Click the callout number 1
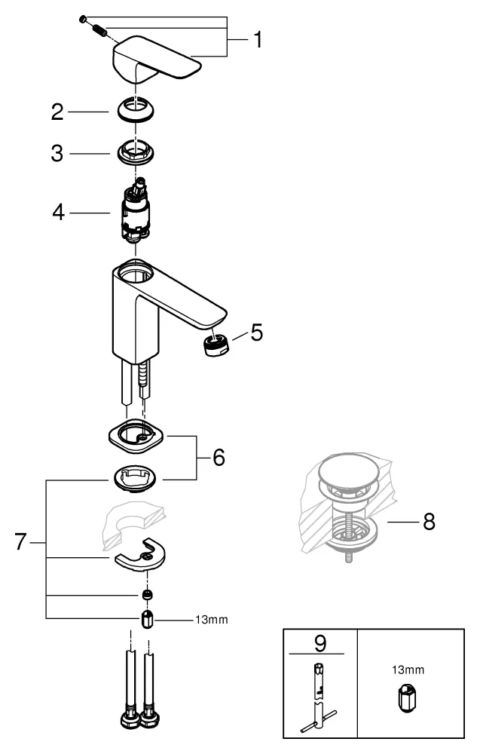click(257, 40)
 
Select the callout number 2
click(57, 113)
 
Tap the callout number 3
click(57, 153)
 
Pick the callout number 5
click(257, 333)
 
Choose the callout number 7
click(22, 541)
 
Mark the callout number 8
click(428, 522)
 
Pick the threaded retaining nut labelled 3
click(136, 153)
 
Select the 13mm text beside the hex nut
click(211, 620)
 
